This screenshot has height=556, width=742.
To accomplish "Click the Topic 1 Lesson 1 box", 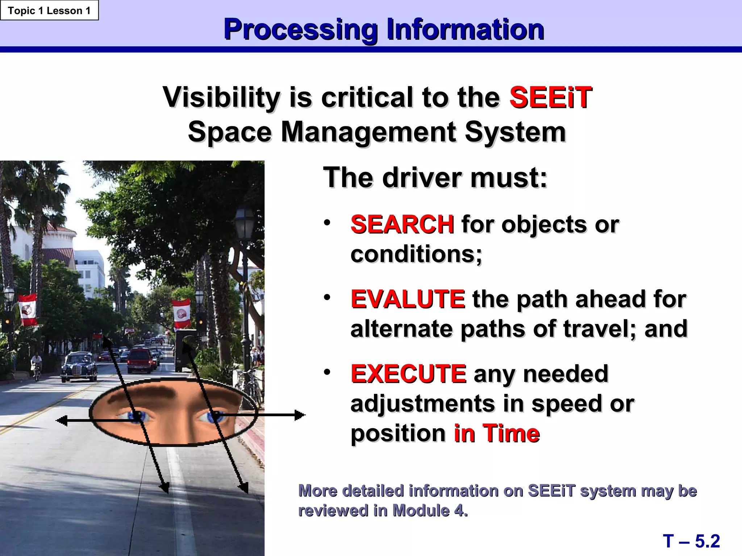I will coord(49,10).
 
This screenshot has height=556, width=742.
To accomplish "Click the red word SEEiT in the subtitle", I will coord(550,97).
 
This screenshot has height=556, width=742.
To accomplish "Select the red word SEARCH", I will coord(402,224).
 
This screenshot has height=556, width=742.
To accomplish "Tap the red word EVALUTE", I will coord(408,299).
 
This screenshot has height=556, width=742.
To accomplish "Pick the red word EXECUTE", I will coord(408,374).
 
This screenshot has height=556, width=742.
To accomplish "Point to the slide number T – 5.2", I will coord(691,541).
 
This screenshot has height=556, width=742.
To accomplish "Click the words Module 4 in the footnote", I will coord(429,511).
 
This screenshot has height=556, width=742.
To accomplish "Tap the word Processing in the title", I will coord(301,29).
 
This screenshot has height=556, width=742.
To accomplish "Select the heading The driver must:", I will coord(435,177).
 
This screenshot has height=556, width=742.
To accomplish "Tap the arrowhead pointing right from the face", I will coord(300,415).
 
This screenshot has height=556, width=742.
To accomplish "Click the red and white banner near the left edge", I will coord(28,309).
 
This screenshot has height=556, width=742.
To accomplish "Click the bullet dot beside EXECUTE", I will coord(327,372).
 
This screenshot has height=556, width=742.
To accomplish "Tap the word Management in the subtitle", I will coord(368,132).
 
